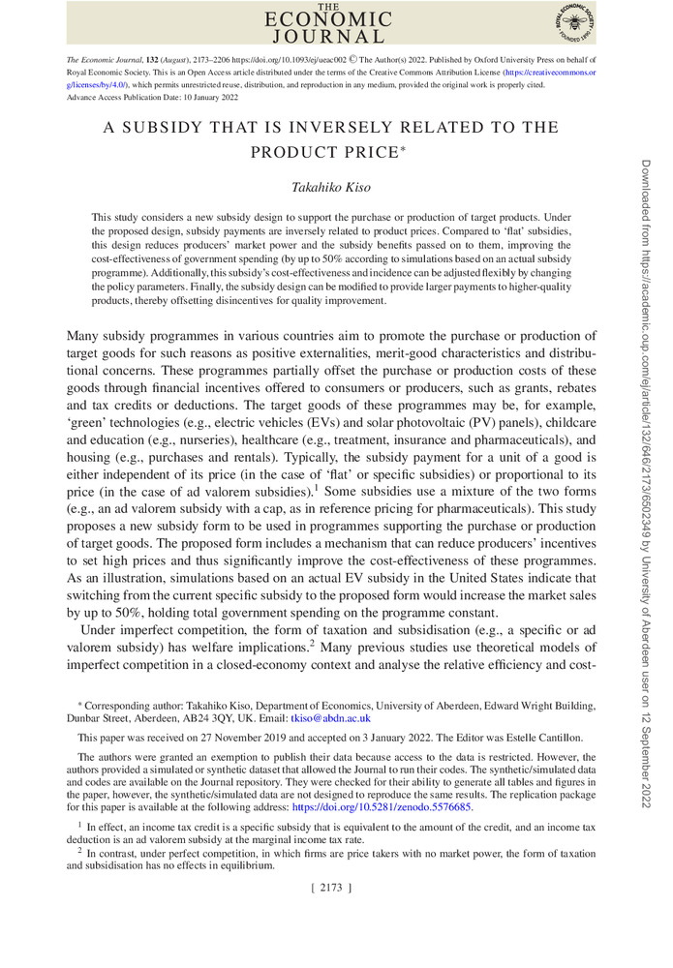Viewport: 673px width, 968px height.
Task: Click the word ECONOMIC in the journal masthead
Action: (329, 20)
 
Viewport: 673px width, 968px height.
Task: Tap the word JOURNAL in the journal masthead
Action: (329, 38)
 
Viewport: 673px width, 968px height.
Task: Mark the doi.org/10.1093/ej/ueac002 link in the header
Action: (287, 59)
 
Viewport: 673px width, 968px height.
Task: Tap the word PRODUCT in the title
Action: (286, 152)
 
